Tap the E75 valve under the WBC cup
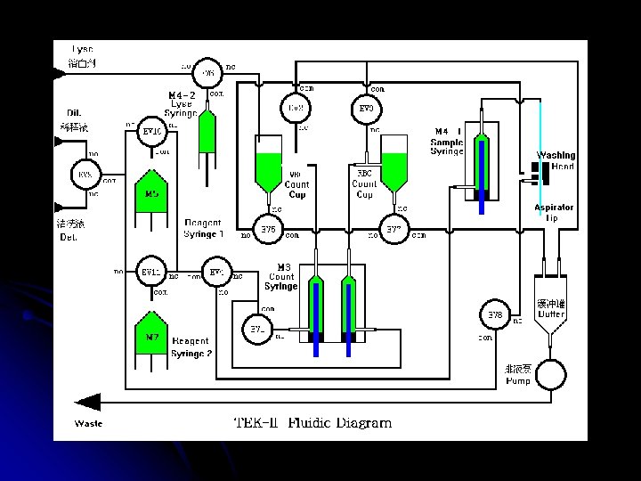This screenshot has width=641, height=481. point(267,230)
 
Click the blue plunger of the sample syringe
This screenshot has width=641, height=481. point(481,174)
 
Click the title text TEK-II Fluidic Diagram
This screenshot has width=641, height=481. point(312,423)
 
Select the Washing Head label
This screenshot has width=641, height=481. point(556,160)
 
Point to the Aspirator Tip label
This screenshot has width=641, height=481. point(553,212)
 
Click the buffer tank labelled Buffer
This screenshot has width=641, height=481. point(551,309)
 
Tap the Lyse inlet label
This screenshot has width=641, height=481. point(82,55)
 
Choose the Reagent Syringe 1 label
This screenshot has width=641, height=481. point(204,228)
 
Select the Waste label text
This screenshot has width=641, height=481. point(88,423)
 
